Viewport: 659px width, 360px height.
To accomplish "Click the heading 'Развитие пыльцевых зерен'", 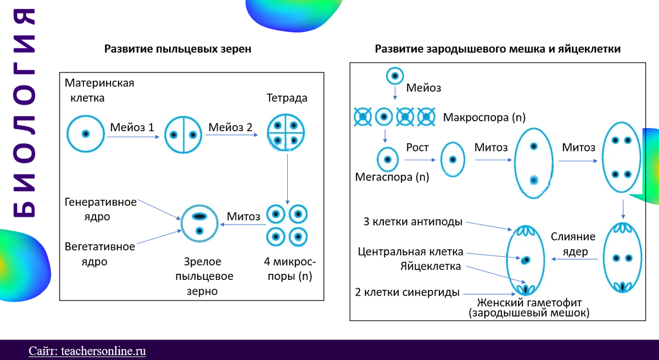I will pyautogui.click(x=178, y=49).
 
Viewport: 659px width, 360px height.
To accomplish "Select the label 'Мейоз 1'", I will pyautogui.click(x=132, y=127).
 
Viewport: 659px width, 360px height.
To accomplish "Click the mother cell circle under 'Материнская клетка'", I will pyautogui.click(x=85, y=133).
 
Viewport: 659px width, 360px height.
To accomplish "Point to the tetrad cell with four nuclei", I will pyautogui.click(x=286, y=133).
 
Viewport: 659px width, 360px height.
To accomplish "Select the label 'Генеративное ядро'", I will pyautogui.click(x=100, y=209).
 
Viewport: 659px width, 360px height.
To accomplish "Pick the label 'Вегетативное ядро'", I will pyautogui.click(x=99, y=254).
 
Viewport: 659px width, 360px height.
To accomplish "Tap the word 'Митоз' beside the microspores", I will pyautogui.click(x=243, y=216).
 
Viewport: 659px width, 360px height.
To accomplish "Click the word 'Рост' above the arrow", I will pyautogui.click(x=417, y=148).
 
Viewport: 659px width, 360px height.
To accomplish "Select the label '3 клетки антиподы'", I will pyautogui.click(x=412, y=222).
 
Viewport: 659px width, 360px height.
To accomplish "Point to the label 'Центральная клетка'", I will pyautogui.click(x=410, y=252).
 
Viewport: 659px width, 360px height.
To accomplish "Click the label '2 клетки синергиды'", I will pyautogui.click(x=408, y=292).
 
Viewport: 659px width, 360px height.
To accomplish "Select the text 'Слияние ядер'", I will pyautogui.click(x=573, y=244).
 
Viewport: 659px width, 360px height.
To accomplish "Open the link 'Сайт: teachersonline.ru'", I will pyautogui.click(x=87, y=351).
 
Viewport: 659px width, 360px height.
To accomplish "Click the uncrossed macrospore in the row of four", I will pyautogui.click(x=383, y=116).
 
